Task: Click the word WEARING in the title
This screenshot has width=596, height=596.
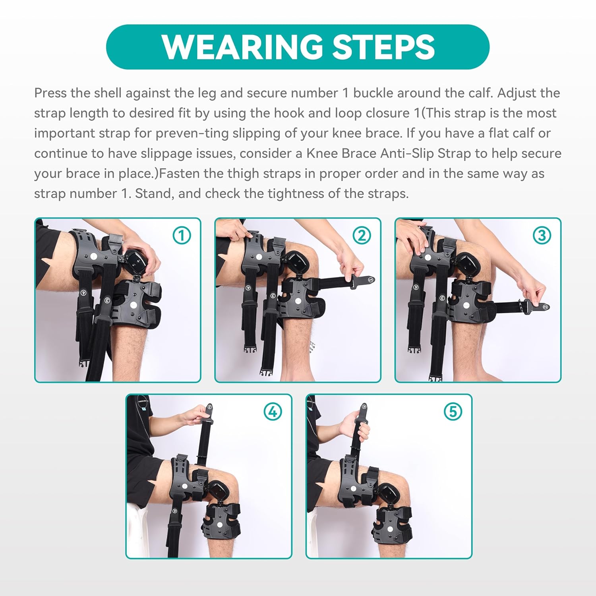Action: tap(243, 47)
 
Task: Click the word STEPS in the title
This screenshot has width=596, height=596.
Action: tap(383, 47)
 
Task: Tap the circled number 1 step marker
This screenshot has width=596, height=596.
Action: tap(182, 236)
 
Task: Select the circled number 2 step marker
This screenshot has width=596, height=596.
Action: tap(362, 236)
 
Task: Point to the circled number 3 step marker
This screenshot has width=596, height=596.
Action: tap(542, 236)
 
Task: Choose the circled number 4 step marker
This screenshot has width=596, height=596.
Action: tap(273, 412)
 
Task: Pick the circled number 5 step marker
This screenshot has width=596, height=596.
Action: tap(453, 412)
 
